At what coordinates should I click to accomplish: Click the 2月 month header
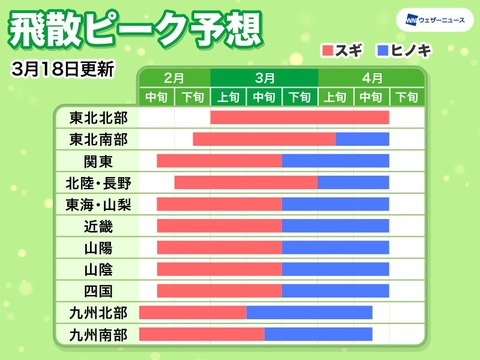[x=174, y=77]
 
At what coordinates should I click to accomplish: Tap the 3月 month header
[x=265, y=77]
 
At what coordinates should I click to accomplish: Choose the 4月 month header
[x=372, y=77]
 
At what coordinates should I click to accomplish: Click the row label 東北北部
[x=98, y=117]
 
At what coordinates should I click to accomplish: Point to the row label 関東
[x=98, y=161]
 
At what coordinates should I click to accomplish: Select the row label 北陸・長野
[x=98, y=182]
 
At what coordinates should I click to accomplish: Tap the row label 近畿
[x=98, y=226]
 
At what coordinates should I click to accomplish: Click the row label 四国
[x=98, y=291]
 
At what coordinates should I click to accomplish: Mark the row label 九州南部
[x=98, y=334]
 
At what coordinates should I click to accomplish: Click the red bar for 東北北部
[x=300, y=117]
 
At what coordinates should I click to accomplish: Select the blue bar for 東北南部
[x=362, y=139]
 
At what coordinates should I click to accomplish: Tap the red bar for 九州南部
[x=201, y=334]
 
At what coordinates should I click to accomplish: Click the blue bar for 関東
[x=335, y=161]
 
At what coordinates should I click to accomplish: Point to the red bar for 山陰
[x=219, y=269]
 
